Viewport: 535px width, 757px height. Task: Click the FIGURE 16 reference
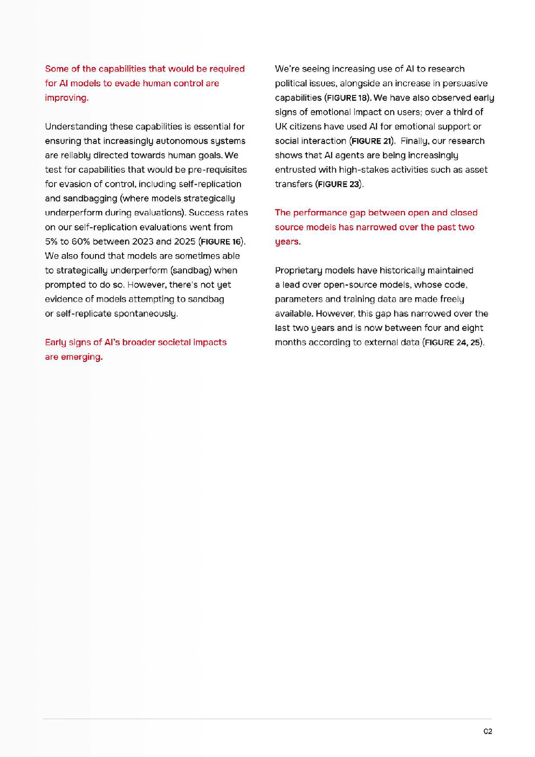pos(221,242)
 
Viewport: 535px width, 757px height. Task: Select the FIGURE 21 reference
pos(372,141)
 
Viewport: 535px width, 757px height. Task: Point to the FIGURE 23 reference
pos(339,184)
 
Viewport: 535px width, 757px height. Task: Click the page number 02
pos(488,732)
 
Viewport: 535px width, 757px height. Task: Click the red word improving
pos(66,98)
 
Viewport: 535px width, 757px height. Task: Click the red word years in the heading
pos(287,242)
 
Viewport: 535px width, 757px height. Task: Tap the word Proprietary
pos(298,270)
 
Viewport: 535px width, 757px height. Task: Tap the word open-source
pos(352,285)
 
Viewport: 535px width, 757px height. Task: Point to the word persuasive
pos(464,83)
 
